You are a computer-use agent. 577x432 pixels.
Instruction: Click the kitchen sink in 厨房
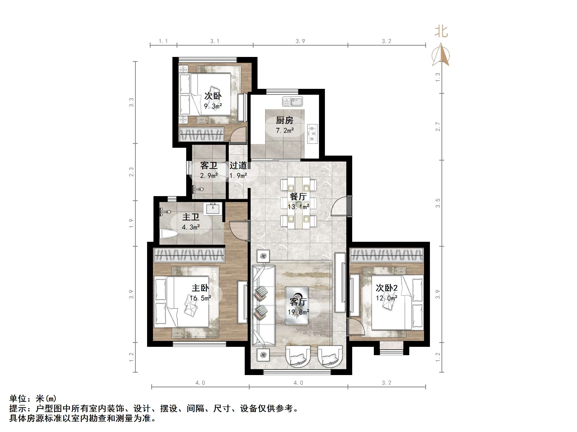coord(292,102)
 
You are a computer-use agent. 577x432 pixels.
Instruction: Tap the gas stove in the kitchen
coord(313,134)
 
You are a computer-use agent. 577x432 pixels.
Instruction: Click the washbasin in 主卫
coord(213,209)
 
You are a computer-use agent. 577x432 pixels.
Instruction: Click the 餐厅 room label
coord(298,197)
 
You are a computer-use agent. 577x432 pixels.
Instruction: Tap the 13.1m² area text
coord(298,207)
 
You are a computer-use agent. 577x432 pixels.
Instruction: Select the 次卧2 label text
coord(386,288)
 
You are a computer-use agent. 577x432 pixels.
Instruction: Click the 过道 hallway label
coord(238,165)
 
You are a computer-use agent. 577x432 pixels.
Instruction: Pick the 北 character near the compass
coord(441,31)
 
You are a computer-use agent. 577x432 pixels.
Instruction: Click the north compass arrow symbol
coord(441,55)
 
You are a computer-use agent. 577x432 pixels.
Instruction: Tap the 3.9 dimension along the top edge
coord(300,41)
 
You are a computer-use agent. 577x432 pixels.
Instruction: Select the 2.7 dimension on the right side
coord(438,127)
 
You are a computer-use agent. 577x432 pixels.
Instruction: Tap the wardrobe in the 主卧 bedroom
coord(189,255)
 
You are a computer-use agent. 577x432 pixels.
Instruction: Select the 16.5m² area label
coord(200,298)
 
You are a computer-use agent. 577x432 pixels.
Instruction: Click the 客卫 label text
coord(209,165)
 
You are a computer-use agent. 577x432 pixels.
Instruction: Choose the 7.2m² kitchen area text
coord(285,131)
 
